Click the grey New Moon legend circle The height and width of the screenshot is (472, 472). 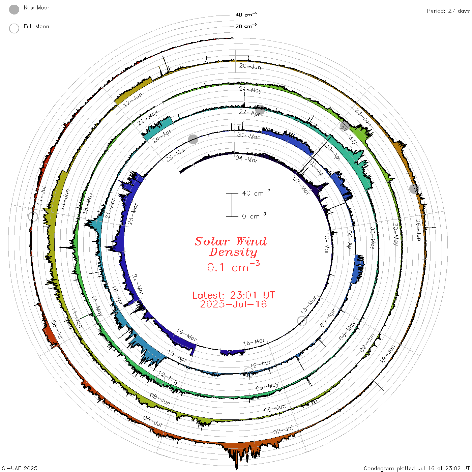pos(14,9)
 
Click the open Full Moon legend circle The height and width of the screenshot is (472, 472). pos(14,28)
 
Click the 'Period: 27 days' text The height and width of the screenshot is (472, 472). pos(448,11)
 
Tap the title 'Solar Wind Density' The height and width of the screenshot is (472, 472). pos(231,247)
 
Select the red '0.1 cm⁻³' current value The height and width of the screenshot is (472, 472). pos(233,267)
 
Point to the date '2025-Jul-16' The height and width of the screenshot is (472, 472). pos(233,304)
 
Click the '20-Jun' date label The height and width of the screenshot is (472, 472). pos(250,66)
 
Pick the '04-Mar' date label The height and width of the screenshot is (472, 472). pos(247,159)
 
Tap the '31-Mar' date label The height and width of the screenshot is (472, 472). pos(248,136)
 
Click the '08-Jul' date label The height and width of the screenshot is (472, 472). pos(57,329)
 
